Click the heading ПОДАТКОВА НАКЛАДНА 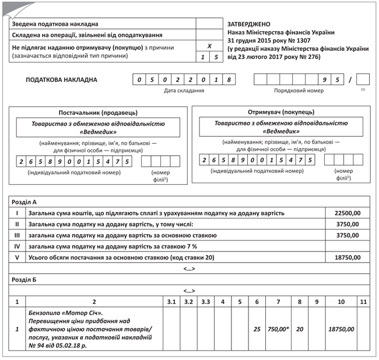pos(62,80)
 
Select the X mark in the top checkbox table pos(210,46)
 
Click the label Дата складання pos(184,91)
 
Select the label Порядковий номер pos(300,91)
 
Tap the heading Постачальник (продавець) pos(98,111)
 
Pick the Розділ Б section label pos(24,279)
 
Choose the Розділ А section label pos(24,202)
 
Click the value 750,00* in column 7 pos(278,329)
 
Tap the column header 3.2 pos(188,302)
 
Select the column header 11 pos(363,302)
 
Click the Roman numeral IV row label pos(17,246)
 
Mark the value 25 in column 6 pos(257,329)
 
